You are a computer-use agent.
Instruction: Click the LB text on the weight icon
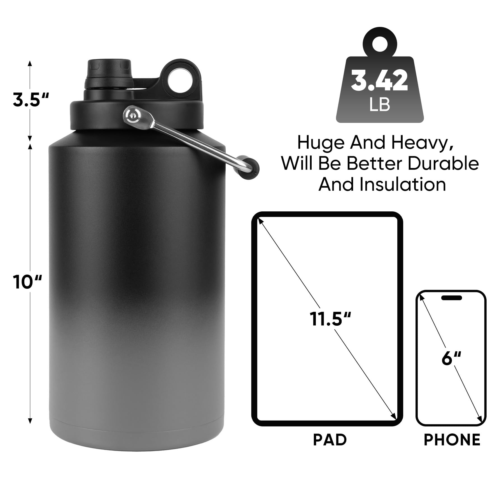(380, 104)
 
